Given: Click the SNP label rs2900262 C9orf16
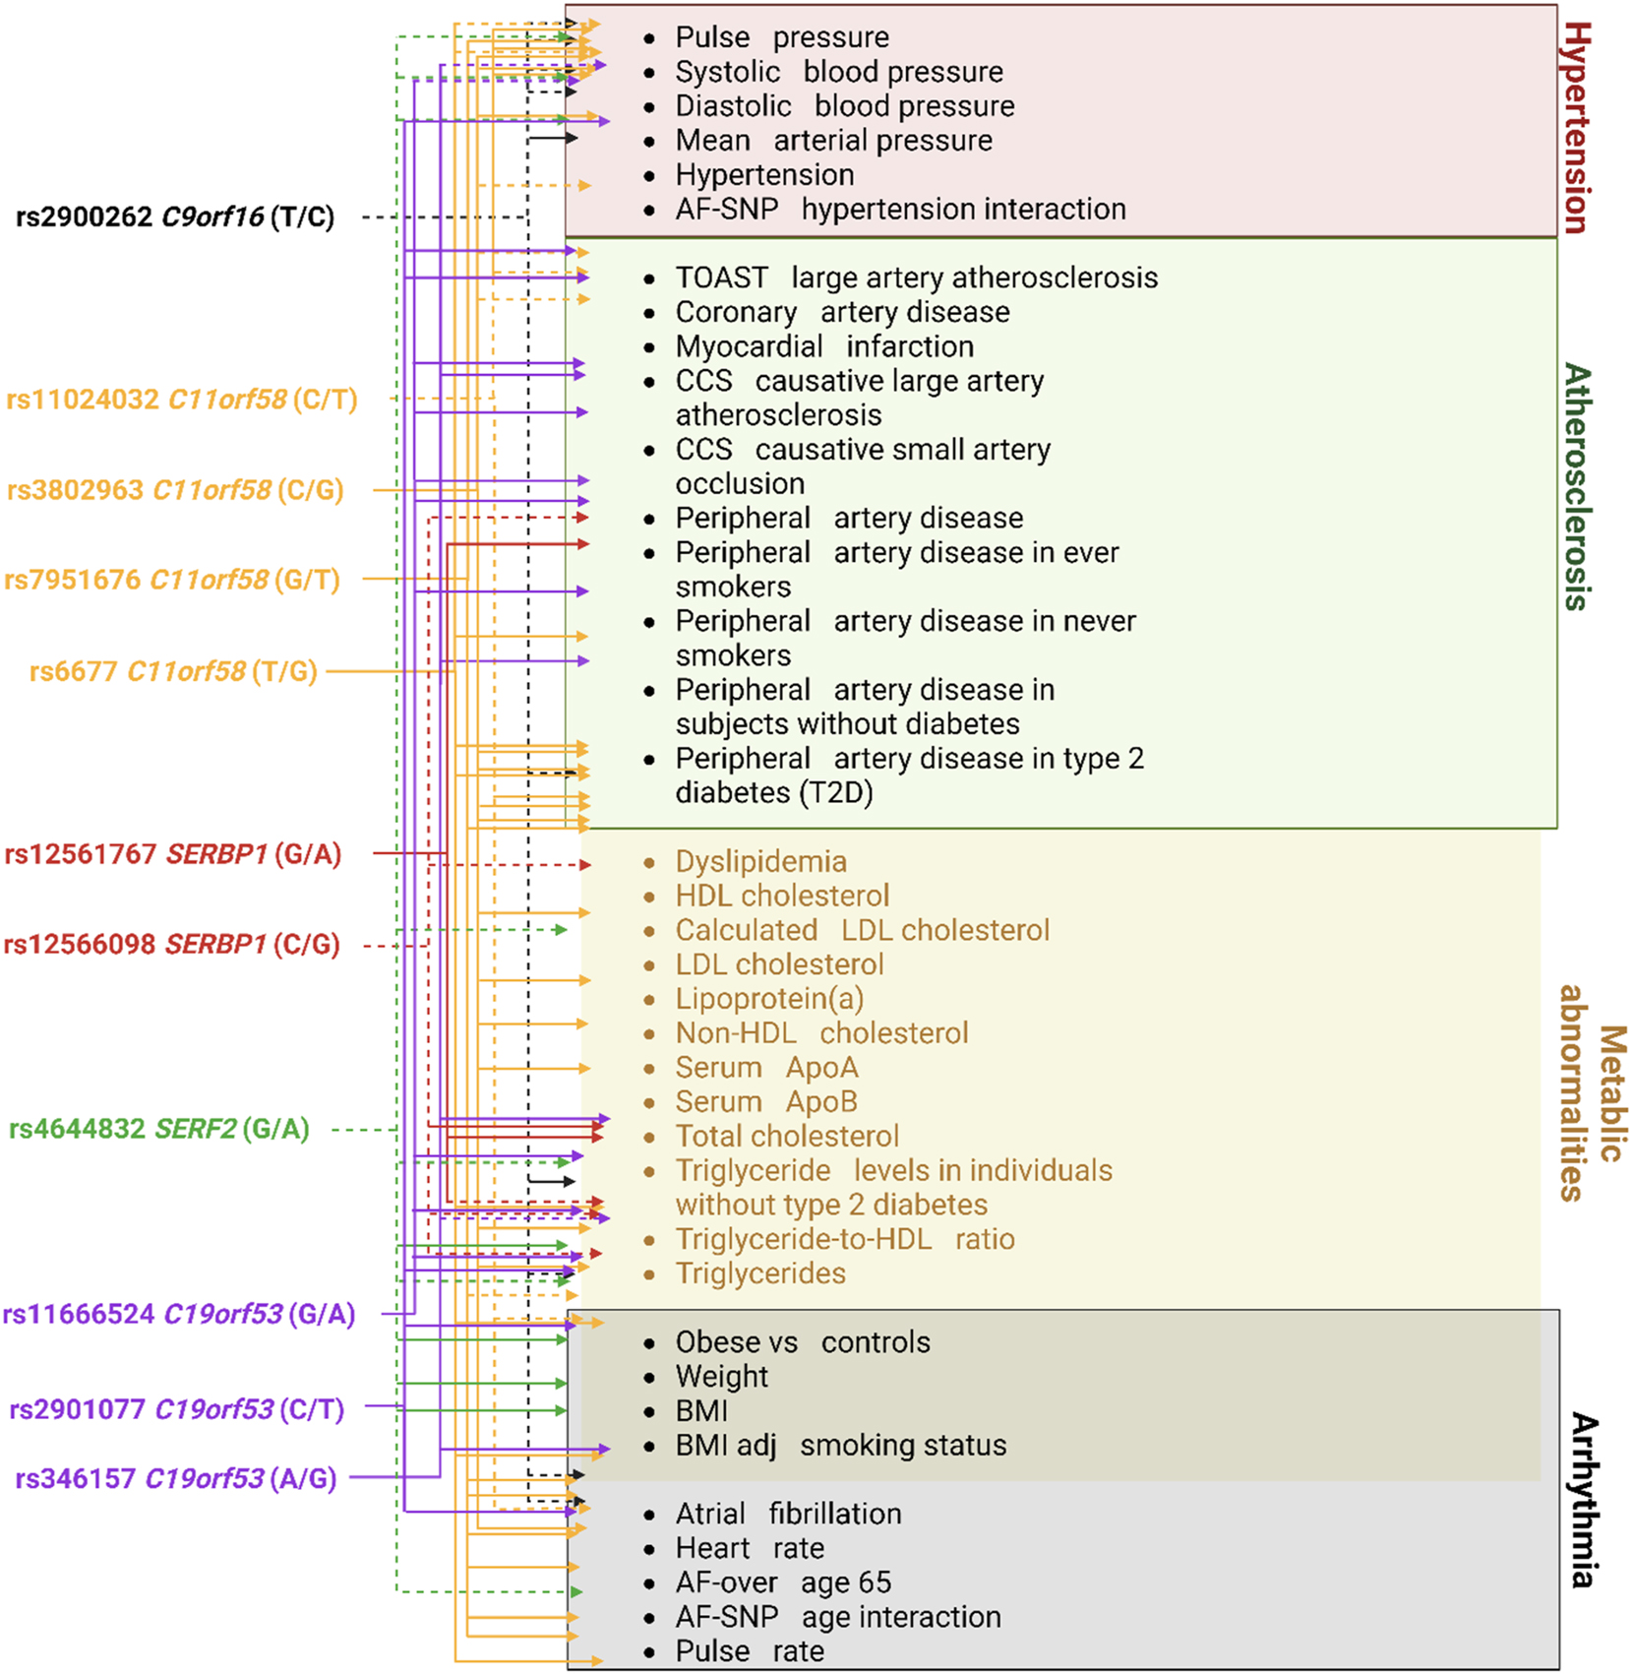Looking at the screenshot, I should click(175, 217).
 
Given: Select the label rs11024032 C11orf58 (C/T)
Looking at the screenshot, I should click(182, 400).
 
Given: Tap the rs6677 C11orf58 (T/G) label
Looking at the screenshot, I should click(173, 671).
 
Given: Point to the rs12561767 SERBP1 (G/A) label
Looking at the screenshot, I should click(173, 854).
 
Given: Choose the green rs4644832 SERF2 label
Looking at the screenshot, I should click(159, 1129).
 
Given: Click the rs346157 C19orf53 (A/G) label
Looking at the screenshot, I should click(176, 1478).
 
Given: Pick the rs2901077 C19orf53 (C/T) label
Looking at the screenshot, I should click(177, 1409).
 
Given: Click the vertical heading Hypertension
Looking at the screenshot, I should click(1576, 128).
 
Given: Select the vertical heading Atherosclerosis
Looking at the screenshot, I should click(1576, 487).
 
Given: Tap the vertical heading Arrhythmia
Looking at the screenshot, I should click(1582, 1500).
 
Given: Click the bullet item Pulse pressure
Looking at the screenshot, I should click(781, 37).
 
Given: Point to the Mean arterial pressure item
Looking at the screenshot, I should click(833, 141).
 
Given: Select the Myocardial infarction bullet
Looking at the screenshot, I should click(823, 346).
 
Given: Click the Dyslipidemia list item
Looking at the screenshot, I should click(759, 861).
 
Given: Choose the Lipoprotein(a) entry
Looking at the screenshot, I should click(768, 999).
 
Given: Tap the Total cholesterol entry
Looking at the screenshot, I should click(786, 1136).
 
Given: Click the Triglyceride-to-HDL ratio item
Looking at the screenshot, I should click(844, 1239).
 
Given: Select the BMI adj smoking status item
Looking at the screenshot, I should click(840, 1445).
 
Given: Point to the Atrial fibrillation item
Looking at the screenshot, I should click(787, 1514).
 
